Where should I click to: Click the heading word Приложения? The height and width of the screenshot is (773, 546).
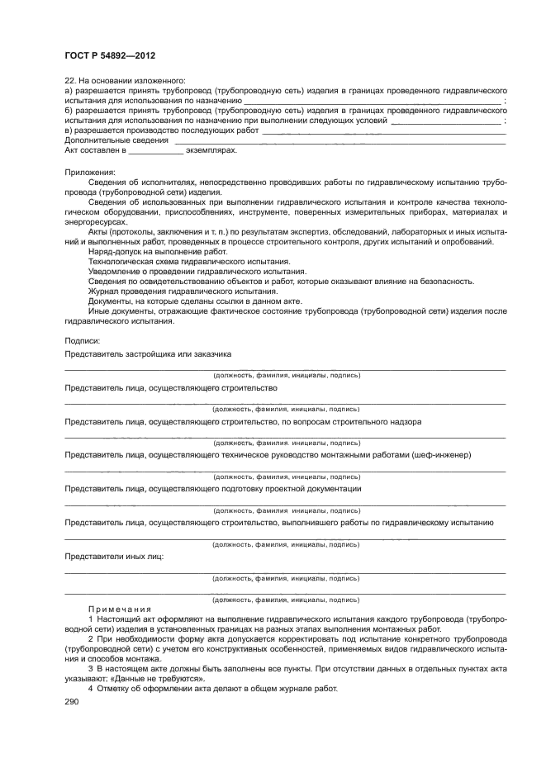90,172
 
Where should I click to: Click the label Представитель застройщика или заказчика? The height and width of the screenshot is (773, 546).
148,353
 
